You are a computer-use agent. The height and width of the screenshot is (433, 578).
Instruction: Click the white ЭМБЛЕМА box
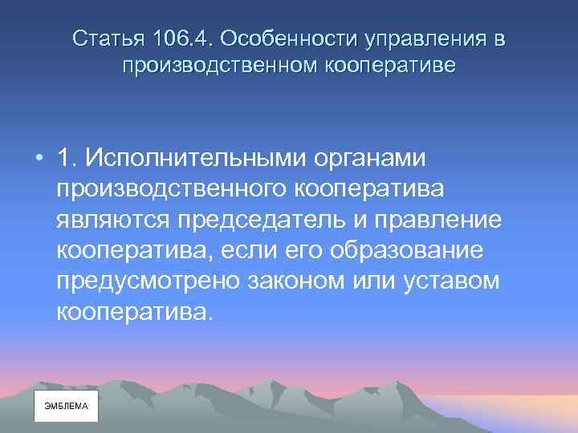pos(66,407)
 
